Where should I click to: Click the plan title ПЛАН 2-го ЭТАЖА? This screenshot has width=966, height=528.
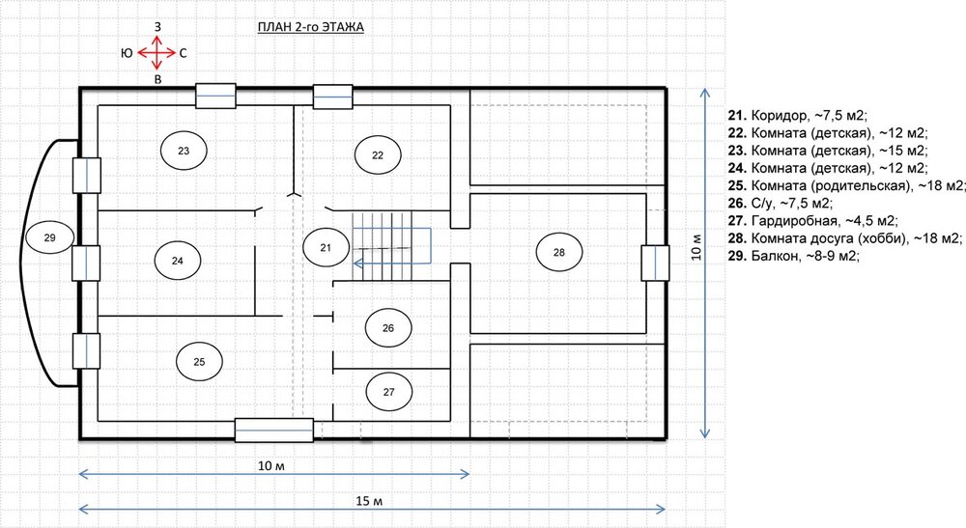(310, 27)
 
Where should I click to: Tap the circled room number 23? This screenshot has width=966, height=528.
(184, 151)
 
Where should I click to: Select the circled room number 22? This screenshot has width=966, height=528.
(378, 155)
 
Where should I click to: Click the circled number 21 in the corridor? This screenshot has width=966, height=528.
(326, 247)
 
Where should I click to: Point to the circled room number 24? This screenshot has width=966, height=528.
(178, 261)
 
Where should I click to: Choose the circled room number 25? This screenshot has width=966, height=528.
(199, 362)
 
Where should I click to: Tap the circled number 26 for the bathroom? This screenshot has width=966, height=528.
(388, 328)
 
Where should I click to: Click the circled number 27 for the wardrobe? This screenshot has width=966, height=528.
(388, 392)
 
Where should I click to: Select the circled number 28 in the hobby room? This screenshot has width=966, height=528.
(559, 252)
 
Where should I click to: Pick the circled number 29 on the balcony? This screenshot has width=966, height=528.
(50, 237)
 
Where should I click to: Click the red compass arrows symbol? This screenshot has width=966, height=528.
(157, 53)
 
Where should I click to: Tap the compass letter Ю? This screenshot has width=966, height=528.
(127, 53)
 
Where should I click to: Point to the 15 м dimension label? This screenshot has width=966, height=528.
(369, 501)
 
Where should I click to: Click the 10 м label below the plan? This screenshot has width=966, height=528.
(271, 466)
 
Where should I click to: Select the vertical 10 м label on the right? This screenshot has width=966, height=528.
(696, 247)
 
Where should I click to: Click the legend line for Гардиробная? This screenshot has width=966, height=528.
(812, 220)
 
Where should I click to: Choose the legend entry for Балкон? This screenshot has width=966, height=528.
(793, 256)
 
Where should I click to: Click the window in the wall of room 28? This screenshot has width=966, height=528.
(655, 263)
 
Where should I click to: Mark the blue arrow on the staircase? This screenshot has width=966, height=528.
(392, 246)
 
